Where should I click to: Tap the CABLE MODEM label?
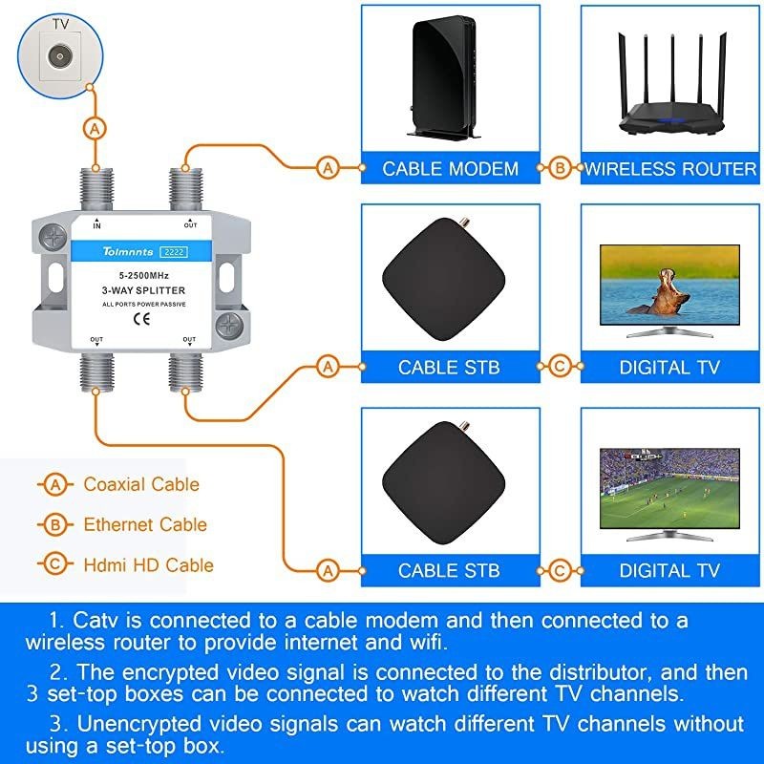point(450,169)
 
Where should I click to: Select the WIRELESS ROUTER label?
point(669,169)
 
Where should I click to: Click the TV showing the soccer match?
point(668,492)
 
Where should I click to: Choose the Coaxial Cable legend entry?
point(140,484)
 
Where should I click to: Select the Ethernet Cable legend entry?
point(144,524)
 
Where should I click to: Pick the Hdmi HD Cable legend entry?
point(148,564)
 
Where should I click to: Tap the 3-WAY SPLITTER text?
point(143,290)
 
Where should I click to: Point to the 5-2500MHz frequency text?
point(143,275)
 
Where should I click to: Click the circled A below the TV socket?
point(94,127)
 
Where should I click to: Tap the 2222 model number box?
point(173,252)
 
